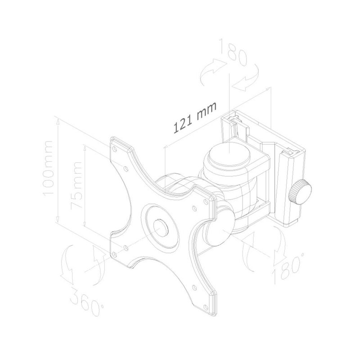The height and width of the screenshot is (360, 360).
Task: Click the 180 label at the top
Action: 233,53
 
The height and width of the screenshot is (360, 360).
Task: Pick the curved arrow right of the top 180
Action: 251,79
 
